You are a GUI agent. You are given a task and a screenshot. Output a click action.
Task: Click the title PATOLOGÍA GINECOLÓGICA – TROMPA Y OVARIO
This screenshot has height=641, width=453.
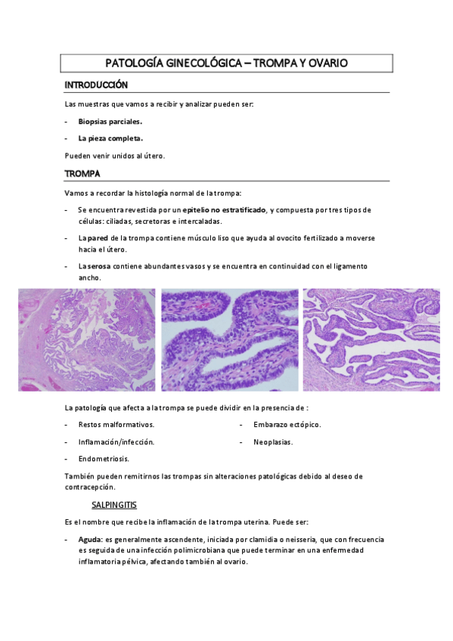pyautogui.click(x=226, y=63)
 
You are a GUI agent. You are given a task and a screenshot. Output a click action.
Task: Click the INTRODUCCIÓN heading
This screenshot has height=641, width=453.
pyautogui.click(x=96, y=85)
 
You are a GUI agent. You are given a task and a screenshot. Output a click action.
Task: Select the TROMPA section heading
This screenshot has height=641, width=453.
pyautogui.click(x=83, y=174)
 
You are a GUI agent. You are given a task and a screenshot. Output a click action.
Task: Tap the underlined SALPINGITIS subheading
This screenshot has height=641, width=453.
pyautogui.click(x=113, y=504)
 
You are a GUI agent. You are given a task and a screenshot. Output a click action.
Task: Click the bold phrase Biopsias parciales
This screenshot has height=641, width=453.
pyautogui.click(x=110, y=121)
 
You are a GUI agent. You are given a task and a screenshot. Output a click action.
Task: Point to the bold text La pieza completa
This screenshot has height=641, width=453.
pyautogui.click(x=110, y=138)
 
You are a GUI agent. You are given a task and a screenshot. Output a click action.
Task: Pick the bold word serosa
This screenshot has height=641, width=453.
pyautogui.click(x=105, y=266)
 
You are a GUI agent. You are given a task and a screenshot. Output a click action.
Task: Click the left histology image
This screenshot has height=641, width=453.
pyautogui.click(x=87, y=339)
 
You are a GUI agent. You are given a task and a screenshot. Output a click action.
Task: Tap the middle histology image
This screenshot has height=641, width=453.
pyautogui.click(x=229, y=339)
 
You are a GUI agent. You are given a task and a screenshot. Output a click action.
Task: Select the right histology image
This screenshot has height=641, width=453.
pyautogui.click(x=371, y=339)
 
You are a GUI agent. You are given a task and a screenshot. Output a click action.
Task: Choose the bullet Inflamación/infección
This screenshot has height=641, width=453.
pyautogui.click(x=116, y=441)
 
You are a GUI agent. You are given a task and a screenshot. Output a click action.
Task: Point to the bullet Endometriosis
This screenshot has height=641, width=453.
pyautogui.click(x=104, y=459)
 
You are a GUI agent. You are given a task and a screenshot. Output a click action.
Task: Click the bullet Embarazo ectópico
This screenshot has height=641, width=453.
pyautogui.click(x=287, y=424)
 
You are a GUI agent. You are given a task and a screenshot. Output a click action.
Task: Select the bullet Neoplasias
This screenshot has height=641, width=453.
pyautogui.click(x=273, y=441)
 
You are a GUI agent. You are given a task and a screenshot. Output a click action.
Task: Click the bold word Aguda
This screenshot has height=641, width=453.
pyautogui.click(x=90, y=540)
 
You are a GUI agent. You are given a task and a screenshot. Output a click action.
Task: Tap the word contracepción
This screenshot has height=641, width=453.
pyautogui.click(x=91, y=488)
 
